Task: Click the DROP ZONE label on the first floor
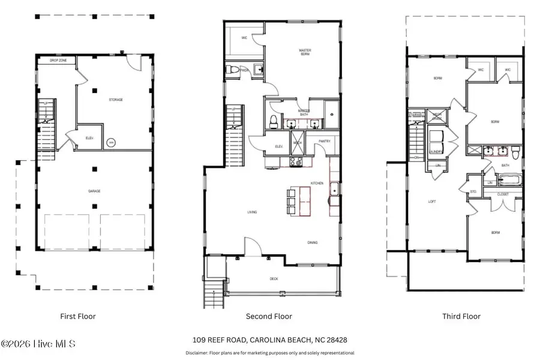point(49,61)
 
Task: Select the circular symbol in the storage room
point(111,143)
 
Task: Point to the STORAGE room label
point(116,100)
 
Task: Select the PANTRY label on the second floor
point(325,141)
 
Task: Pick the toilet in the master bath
point(274,121)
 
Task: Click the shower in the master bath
point(332,111)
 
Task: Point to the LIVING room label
point(252,211)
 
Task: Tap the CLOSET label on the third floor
point(503,194)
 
